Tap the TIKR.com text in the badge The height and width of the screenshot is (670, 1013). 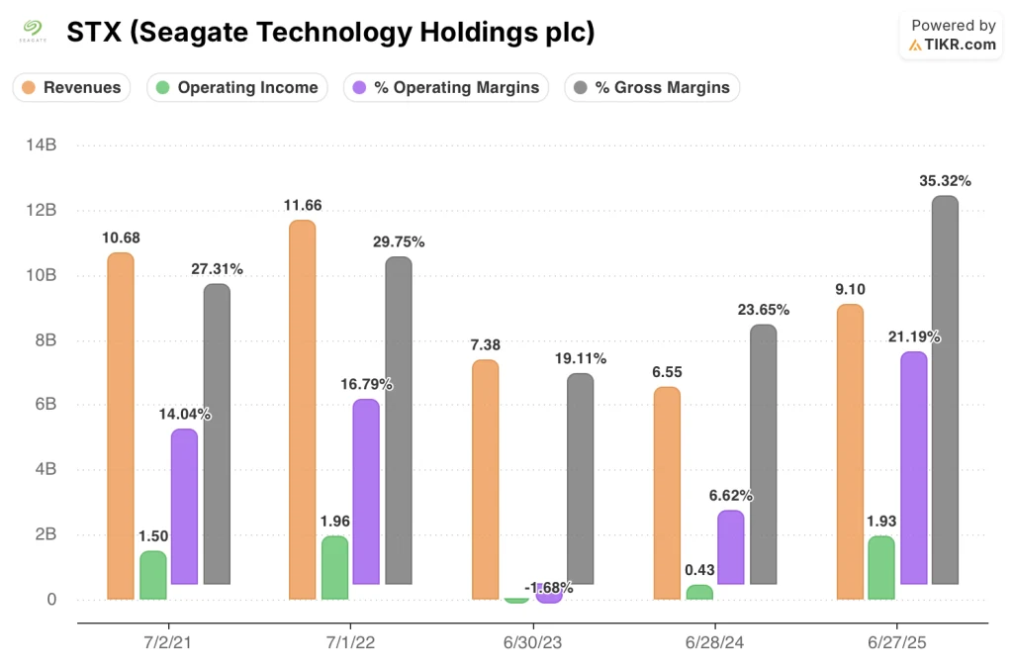(x=960, y=45)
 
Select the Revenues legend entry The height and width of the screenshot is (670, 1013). (x=72, y=87)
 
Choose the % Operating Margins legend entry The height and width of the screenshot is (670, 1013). (x=446, y=87)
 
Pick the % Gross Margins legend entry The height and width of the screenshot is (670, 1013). (x=652, y=87)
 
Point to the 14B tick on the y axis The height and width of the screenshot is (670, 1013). (x=42, y=145)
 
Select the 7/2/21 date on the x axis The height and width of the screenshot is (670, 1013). (x=168, y=644)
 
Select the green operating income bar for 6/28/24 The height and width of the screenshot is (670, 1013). (x=699, y=592)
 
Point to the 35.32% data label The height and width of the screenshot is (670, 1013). (x=945, y=180)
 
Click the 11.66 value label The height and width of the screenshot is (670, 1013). (x=302, y=205)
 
